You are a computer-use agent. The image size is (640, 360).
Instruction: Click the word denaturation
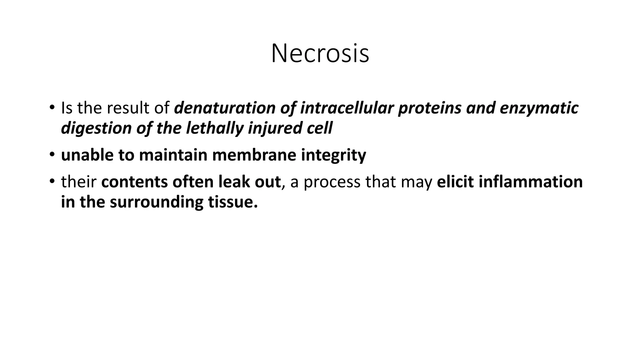pos(224,108)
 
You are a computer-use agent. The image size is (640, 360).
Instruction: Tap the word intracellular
pos(347,108)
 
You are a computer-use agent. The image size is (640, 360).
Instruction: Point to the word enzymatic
pos(539,108)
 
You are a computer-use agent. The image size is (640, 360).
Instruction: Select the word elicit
pos(455,182)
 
